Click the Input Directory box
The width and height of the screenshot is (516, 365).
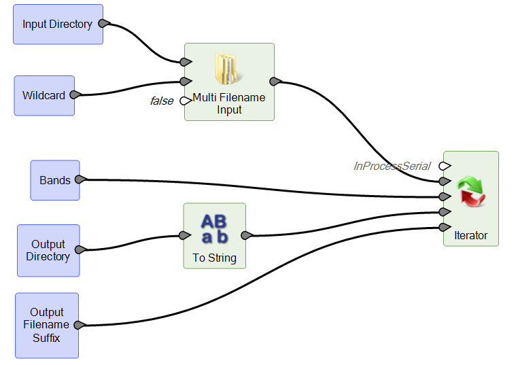point(58,24)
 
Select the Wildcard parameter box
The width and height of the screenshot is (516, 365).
point(44,96)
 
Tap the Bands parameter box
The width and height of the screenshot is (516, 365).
point(54,180)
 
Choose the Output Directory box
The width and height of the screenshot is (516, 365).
point(48,250)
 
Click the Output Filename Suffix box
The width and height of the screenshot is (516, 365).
point(46,325)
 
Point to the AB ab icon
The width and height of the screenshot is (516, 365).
point(214,228)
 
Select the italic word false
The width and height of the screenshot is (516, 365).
point(161,101)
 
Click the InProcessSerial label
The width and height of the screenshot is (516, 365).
point(392,166)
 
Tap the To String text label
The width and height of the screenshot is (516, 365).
point(214,258)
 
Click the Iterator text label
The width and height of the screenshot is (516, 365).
point(470,235)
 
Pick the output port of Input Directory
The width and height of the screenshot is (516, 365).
point(104,24)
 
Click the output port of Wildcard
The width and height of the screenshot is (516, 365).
point(75,95)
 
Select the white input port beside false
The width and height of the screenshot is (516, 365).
point(184,101)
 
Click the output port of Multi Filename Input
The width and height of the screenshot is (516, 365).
point(275,82)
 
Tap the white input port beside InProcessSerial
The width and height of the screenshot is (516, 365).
point(444,166)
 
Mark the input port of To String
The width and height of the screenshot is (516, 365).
point(184,236)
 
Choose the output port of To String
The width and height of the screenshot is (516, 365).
point(246,236)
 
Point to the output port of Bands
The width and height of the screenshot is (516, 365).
point(80,180)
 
